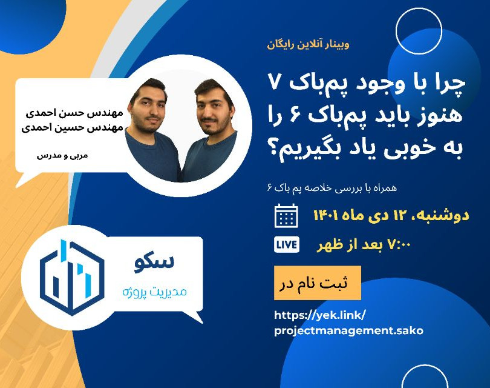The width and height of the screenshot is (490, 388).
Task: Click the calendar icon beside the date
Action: [x=286, y=216]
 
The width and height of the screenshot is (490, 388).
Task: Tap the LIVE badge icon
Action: [x=286, y=244]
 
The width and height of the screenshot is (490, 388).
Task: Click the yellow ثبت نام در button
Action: [x=317, y=283]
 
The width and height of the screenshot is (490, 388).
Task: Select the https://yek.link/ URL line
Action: [x=320, y=315]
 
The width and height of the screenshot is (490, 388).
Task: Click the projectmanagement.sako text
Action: [x=348, y=330]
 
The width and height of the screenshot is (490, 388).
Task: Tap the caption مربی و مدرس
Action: [x=62, y=155]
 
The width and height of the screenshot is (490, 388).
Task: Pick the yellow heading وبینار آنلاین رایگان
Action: [x=309, y=44]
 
